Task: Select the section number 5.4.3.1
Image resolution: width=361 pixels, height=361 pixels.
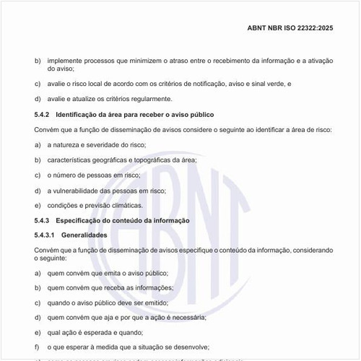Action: [46, 235]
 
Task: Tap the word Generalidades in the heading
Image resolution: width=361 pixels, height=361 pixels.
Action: [84, 235]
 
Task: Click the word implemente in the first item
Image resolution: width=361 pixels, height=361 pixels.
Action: [64, 61]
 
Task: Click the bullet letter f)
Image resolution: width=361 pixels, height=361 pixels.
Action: [38, 347]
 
